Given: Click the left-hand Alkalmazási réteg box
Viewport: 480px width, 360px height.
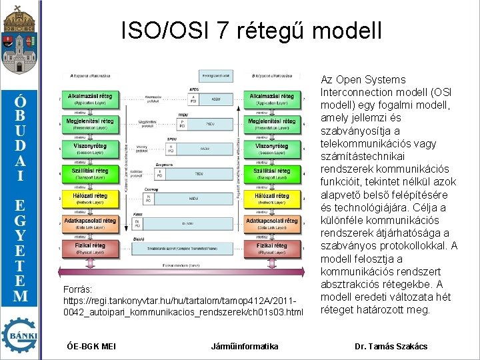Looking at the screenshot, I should [89, 99].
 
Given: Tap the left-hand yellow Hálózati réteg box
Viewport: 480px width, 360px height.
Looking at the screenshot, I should [89, 199].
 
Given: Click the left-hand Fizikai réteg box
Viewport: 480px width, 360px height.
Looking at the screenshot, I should [89, 249].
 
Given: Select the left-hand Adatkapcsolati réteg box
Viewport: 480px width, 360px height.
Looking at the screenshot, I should [89, 223].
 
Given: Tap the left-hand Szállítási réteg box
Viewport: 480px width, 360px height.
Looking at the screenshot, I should [89, 173].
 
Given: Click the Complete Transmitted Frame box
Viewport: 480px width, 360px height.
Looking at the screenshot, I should [194, 248].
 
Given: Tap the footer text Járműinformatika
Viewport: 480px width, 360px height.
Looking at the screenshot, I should [245, 346].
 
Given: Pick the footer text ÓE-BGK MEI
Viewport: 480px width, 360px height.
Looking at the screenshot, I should [92, 346].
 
